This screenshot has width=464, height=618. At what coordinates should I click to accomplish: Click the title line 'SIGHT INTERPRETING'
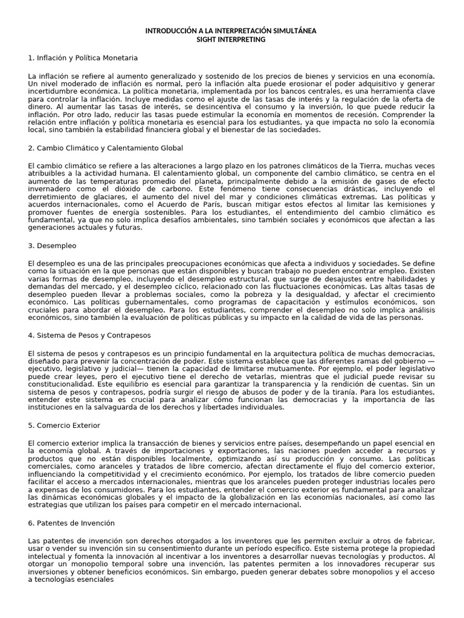point(231,39)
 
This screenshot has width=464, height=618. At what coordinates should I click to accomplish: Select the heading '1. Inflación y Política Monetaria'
point(83,58)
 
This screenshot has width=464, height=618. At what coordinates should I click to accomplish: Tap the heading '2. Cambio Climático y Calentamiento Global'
point(105,148)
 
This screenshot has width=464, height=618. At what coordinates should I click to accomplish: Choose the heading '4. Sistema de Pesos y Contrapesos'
point(89,335)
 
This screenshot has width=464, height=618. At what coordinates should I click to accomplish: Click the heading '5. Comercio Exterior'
point(65,425)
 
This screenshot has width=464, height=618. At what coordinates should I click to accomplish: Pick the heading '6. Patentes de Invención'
point(71,523)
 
